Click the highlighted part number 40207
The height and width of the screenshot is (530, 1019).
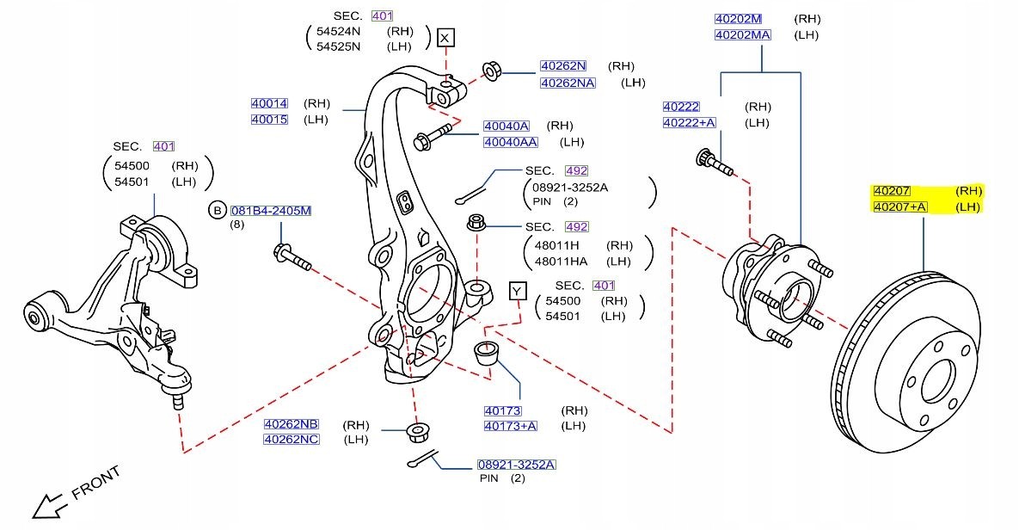(892, 191)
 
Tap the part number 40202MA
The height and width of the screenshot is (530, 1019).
(743, 35)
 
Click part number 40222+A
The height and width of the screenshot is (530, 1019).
(689, 123)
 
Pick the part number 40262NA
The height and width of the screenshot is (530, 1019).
(567, 83)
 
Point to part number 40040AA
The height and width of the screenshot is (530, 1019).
(510, 142)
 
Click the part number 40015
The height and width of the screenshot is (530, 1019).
(269, 120)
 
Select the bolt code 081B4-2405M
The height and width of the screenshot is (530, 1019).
(271, 211)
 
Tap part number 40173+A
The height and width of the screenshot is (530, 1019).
(510, 426)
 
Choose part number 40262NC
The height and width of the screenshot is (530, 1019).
(291, 440)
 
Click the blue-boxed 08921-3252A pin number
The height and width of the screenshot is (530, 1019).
(517, 465)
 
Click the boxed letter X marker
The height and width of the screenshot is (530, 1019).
(445, 38)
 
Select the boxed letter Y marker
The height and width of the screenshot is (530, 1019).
(517, 291)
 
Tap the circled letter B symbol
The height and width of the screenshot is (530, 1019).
(218, 211)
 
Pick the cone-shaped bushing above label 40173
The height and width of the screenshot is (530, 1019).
(488, 354)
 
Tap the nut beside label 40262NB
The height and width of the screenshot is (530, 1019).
(418, 431)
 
